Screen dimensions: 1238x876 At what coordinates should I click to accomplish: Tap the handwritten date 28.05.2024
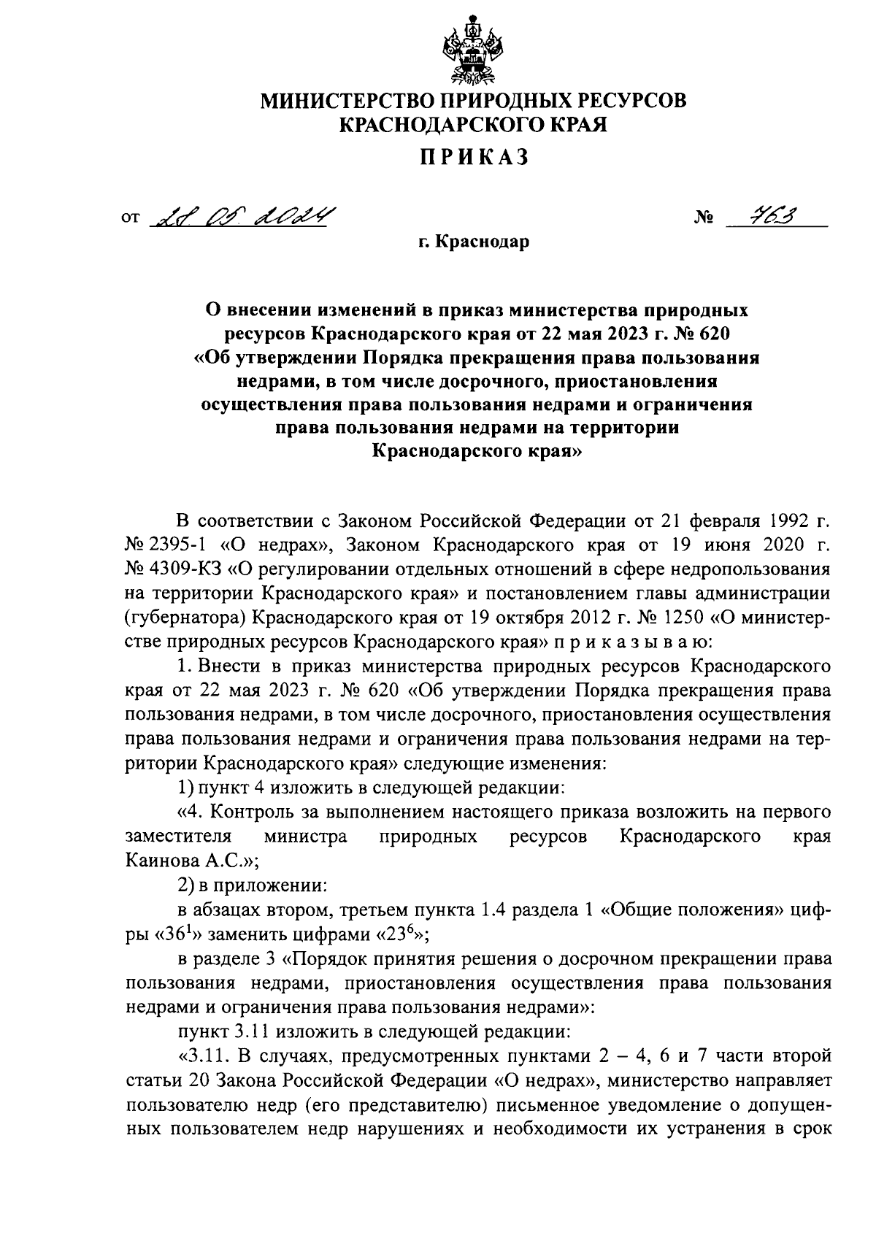[x=241, y=217]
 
